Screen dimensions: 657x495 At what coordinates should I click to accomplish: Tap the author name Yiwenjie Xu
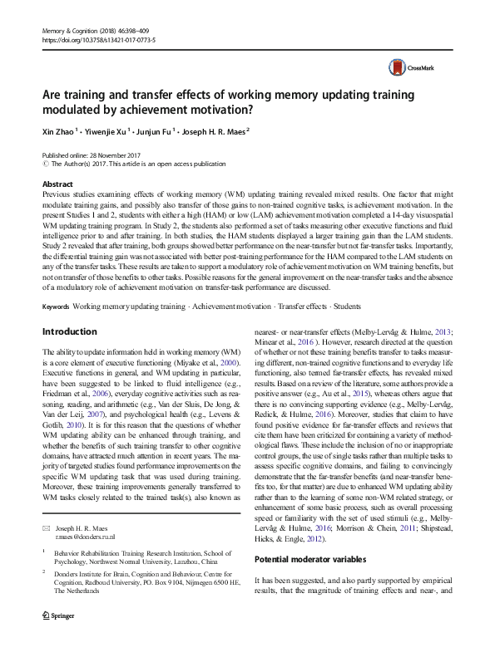pyautogui.click(x=114, y=131)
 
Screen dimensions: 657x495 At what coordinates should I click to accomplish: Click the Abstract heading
pyautogui.click(x=57, y=184)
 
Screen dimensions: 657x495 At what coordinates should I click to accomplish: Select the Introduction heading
pyautogui.click(x=69, y=331)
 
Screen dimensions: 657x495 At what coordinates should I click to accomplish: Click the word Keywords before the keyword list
pyautogui.click(x=56, y=306)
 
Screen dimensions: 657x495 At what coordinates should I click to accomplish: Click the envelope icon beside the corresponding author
pyautogui.click(x=46, y=527)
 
